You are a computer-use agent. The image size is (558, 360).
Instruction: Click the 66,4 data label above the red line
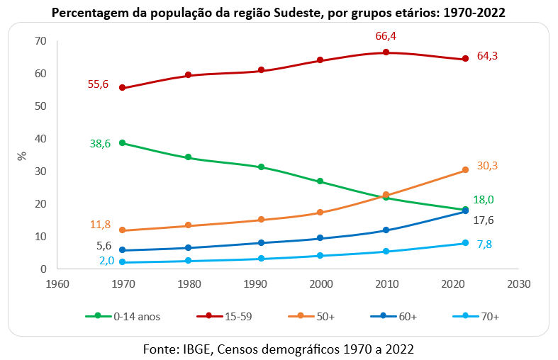386,36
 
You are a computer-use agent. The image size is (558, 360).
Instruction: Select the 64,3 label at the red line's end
487,55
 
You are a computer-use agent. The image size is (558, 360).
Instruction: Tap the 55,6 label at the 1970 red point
98,84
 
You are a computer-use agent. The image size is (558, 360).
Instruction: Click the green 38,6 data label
101,143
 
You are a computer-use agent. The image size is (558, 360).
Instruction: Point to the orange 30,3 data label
487,165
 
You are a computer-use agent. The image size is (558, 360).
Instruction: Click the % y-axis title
21,155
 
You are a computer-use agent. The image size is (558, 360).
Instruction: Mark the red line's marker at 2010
386,52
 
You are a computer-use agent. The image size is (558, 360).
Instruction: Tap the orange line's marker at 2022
465,170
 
